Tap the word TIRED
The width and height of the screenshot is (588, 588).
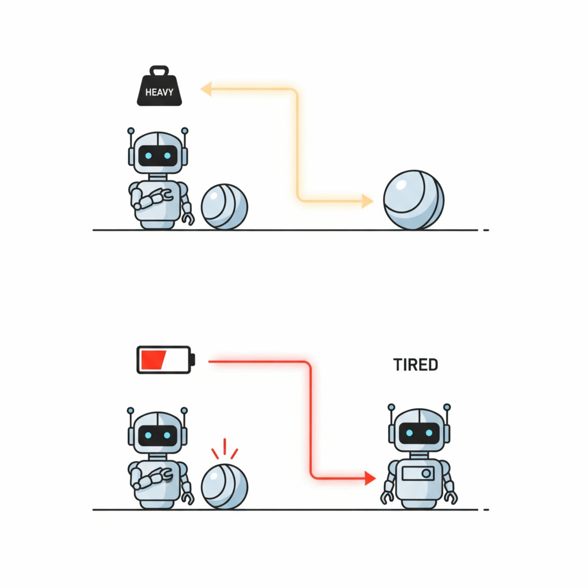[416, 364]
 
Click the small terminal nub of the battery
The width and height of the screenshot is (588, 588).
[193, 359]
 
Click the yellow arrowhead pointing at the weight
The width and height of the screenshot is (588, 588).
[206, 89]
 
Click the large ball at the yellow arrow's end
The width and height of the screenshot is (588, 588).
[413, 199]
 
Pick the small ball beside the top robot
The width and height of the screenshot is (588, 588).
[225, 207]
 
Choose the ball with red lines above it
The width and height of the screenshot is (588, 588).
[225, 486]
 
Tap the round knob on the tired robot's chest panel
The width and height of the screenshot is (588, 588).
[426, 474]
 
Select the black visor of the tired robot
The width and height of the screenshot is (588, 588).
[419, 432]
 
